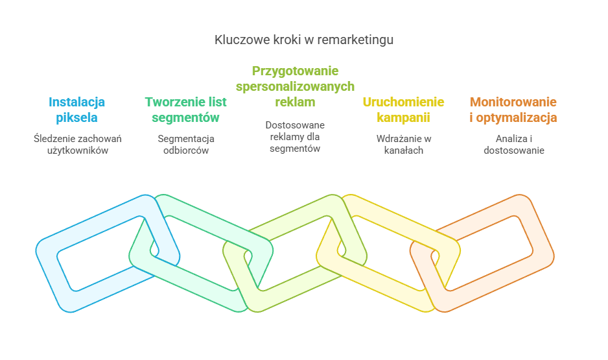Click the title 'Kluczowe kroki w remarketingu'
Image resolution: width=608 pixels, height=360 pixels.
tap(304, 40)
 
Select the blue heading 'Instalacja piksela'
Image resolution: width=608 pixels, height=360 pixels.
tap(77, 110)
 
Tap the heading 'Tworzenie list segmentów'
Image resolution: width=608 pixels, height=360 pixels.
tap(185, 110)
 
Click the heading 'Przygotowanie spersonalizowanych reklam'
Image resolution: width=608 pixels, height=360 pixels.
tap(295, 86)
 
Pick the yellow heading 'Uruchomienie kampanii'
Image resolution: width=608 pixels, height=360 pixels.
tap(403, 110)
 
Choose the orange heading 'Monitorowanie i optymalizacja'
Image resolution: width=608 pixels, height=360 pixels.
tap(513, 110)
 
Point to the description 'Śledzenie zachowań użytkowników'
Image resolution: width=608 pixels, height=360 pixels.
tap(78, 144)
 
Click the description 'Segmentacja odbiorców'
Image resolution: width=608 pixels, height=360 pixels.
tap(186, 144)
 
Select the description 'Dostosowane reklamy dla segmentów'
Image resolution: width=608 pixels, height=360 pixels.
tap(295, 136)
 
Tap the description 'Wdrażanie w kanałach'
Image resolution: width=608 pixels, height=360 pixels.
tap(404, 144)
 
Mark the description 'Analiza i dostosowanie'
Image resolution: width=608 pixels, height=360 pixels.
tap(513, 144)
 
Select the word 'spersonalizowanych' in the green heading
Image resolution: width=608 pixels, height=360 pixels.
tap(295, 86)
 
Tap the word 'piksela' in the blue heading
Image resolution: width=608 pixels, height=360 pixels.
tap(77, 118)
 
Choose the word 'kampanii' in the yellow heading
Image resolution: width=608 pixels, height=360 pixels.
tap(403, 118)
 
